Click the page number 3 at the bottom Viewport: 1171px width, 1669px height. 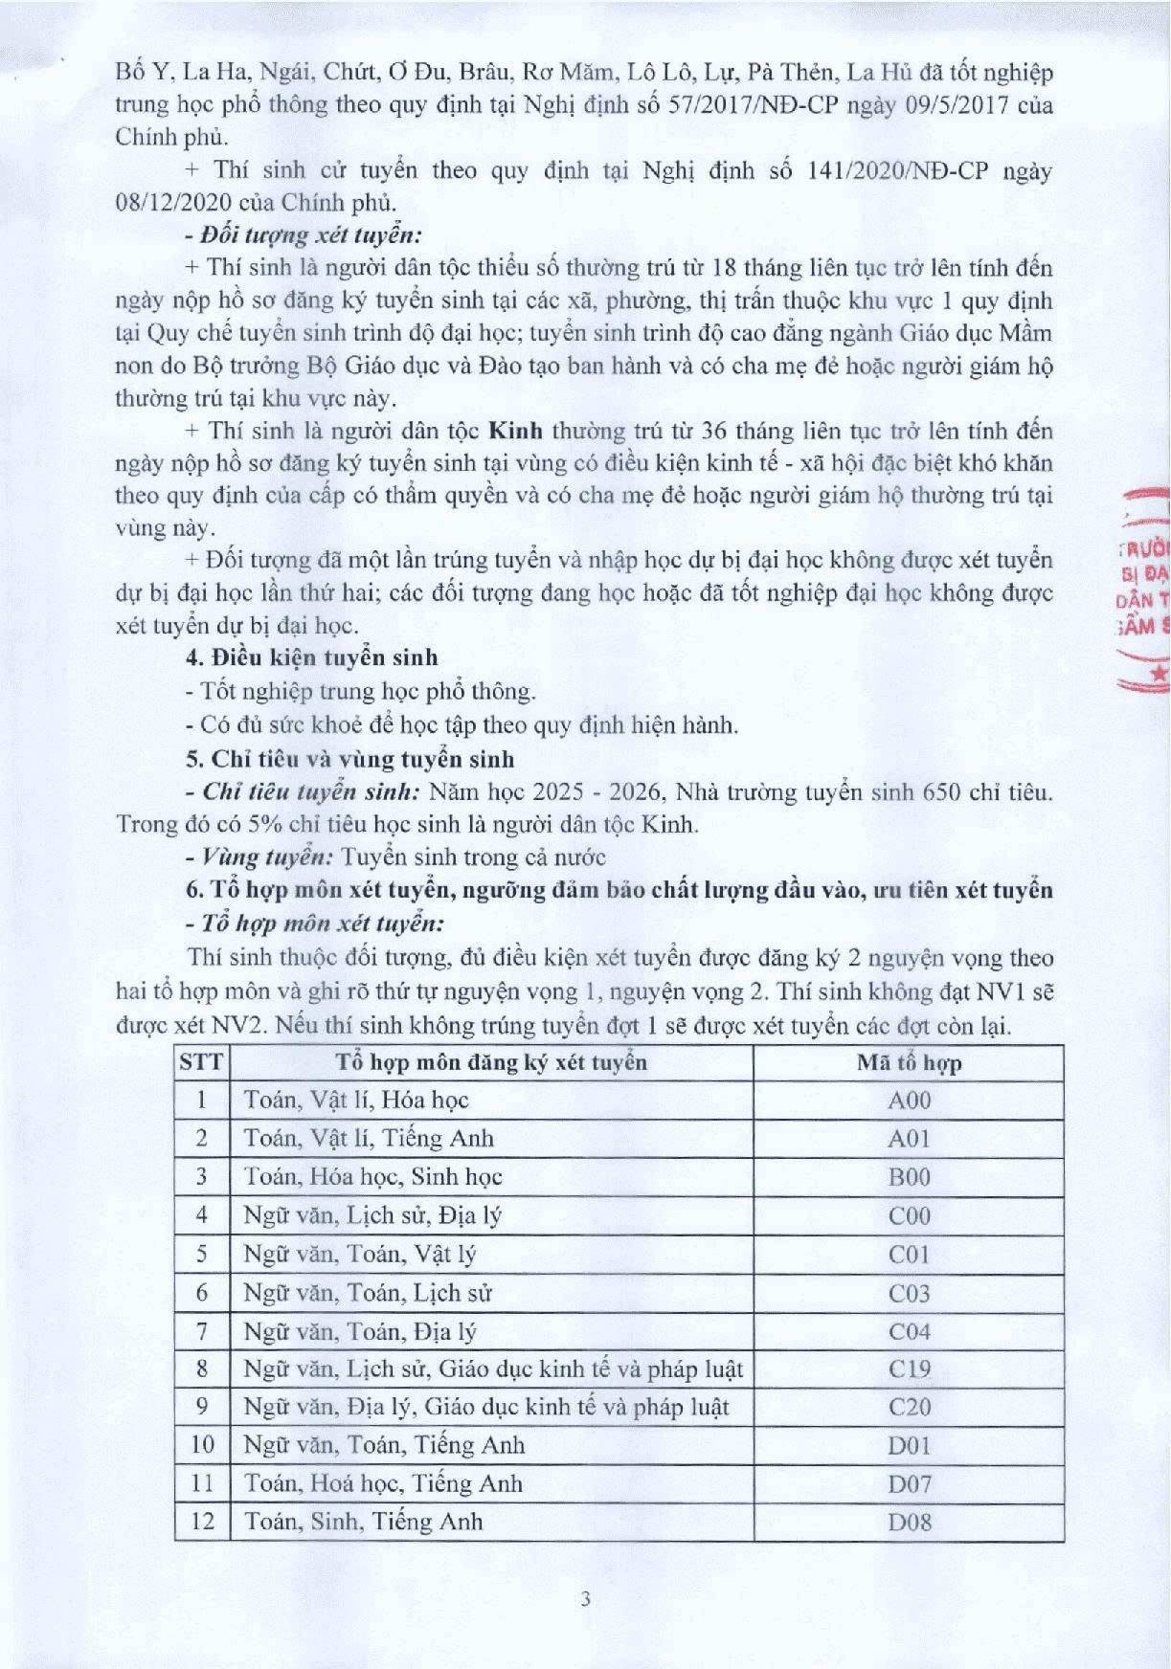pos(585,1599)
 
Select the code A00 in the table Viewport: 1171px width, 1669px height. pos(909,1101)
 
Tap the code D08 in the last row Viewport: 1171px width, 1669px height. pos(909,1523)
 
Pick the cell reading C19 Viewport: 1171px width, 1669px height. pos(909,1369)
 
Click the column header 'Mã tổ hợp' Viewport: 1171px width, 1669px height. pos(909,1062)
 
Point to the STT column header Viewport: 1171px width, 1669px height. pos(201,1062)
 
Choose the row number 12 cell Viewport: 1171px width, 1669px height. pos(202,1522)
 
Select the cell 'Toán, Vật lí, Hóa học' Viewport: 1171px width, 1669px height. pos(356,1101)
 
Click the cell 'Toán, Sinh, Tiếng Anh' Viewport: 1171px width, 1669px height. pos(363,1522)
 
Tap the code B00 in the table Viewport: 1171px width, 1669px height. pos(909,1177)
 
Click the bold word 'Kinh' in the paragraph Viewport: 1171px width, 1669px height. pos(509,431)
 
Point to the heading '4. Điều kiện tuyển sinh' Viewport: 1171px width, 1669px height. pos(312,657)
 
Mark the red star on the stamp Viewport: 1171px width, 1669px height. pos(1160,674)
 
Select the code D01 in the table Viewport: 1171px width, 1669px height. pos(909,1446)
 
